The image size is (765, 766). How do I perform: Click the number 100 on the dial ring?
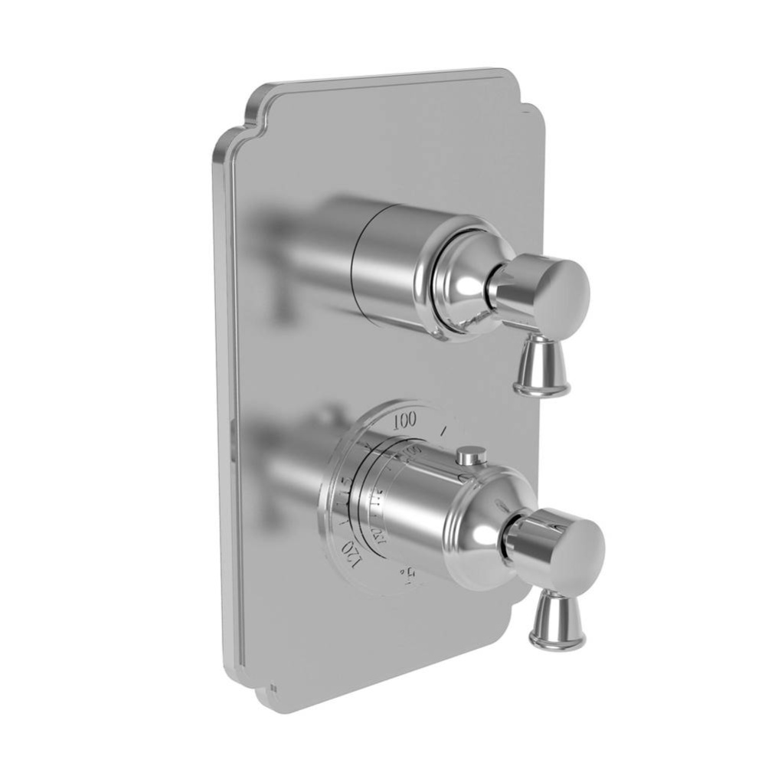[405, 420]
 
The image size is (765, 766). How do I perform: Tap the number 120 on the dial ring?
[351, 550]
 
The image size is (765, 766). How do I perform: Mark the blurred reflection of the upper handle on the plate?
[291, 245]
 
